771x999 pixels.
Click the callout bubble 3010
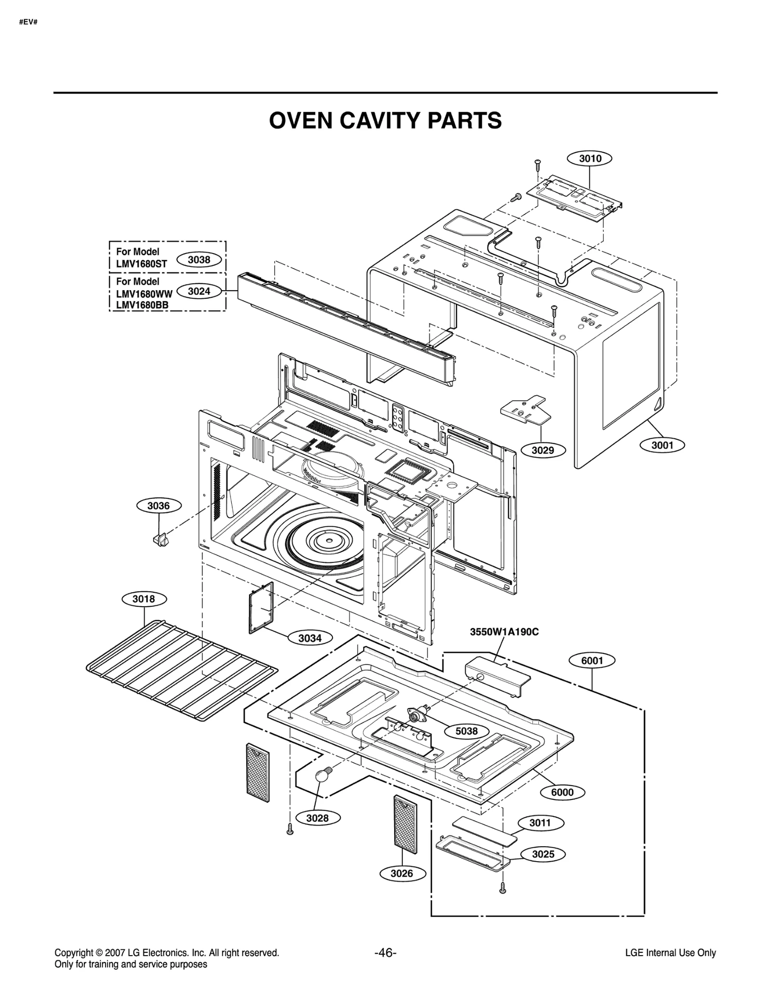(x=590, y=159)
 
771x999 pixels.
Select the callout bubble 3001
(x=662, y=445)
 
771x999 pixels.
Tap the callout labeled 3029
(x=543, y=450)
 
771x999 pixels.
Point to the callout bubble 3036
(x=159, y=506)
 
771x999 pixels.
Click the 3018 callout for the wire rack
(x=144, y=599)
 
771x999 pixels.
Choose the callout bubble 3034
(x=309, y=638)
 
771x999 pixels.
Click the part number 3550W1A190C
(x=504, y=632)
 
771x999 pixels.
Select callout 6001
(x=592, y=661)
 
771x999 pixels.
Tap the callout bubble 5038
(x=466, y=731)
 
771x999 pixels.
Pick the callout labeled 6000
(x=562, y=792)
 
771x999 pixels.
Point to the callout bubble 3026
(x=402, y=873)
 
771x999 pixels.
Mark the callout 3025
(x=543, y=854)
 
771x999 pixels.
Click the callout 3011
(x=540, y=823)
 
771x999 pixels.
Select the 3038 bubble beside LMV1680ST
(x=199, y=260)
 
